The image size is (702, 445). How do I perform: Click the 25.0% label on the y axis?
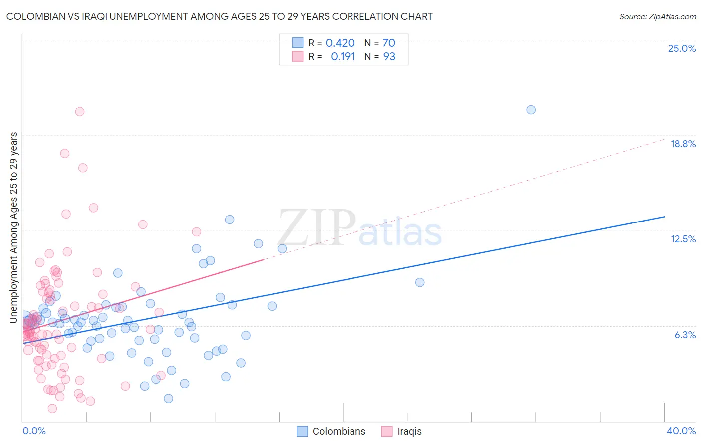click(x=682, y=48)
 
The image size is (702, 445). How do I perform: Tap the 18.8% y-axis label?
click(x=683, y=144)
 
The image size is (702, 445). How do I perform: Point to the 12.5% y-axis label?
click(x=683, y=239)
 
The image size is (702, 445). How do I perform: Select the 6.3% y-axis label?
click(x=685, y=335)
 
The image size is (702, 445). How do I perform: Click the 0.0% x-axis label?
click(x=34, y=431)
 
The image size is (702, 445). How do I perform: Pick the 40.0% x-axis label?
click(x=681, y=431)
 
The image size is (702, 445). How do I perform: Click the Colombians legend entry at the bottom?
click(x=339, y=431)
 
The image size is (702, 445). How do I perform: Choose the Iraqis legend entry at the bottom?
click(x=409, y=431)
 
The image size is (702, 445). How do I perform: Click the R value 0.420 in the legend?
click(x=340, y=43)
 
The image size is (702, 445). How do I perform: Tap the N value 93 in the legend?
click(x=389, y=57)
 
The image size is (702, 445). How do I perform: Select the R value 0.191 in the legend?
click(x=343, y=57)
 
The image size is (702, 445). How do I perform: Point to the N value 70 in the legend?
click(x=388, y=43)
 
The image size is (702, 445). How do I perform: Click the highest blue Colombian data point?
click(x=531, y=110)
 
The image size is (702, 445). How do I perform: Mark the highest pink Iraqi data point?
click(x=79, y=112)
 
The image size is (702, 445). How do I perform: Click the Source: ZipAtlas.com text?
click(x=657, y=17)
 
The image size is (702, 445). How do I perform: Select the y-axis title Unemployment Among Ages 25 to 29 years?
click(x=14, y=227)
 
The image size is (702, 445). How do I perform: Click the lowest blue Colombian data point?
click(x=168, y=398)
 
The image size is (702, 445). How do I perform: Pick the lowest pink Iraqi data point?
click(x=52, y=408)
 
